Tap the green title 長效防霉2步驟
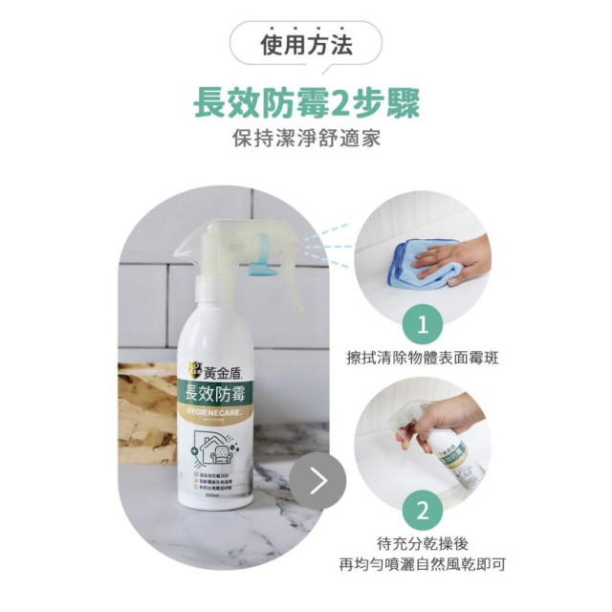tap(306, 101)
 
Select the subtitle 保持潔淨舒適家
tap(306, 138)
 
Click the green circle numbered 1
tap(424, 325)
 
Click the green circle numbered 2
tap(424, 508)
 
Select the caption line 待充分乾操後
tap(424, 542)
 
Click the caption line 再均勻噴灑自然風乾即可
tap(424, 564)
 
